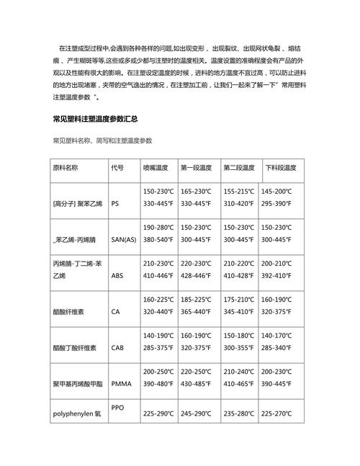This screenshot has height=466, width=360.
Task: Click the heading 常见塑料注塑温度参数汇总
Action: [95, 118]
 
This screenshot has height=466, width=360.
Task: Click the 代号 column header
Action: [117, 167]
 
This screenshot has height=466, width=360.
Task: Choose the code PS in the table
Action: [115, 204]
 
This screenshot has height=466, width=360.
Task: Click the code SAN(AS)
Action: [124, 239]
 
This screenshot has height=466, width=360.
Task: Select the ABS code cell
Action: [117, 275]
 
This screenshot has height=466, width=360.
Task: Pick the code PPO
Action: [118, 408]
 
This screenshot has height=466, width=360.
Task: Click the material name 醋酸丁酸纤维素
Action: [75, 347]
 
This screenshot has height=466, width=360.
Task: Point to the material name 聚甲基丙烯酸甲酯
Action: [78, 383]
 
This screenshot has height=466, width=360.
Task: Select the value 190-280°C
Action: [159, 227]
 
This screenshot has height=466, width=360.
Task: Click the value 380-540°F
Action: [159, 239]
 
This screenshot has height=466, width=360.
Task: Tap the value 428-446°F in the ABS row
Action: [196, 275]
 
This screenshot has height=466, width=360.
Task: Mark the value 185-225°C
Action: [196, 299]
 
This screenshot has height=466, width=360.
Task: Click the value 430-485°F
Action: [196, 383]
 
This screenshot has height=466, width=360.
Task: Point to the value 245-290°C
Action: [196, 413]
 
